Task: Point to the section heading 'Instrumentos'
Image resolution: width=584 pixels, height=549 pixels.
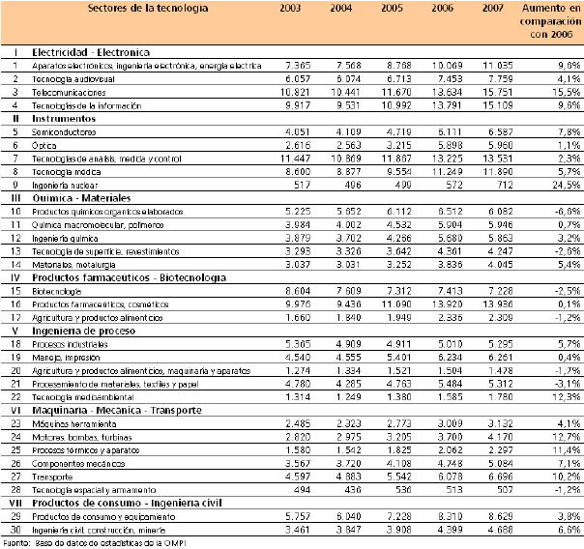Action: [x=64, y=117]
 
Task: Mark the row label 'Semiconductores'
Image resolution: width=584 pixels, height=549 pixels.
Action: [x=65, y=130]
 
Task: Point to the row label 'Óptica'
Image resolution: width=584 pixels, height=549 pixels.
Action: [x=44, y=143]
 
